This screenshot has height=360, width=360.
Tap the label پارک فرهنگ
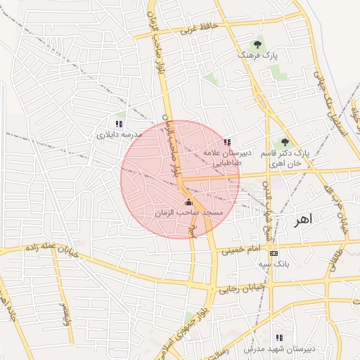coord(258,54)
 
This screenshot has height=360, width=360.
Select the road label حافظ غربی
coord(200,29)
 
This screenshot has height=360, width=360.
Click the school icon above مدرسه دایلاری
coord(119,123)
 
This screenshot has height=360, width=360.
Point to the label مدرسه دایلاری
coord(119,133)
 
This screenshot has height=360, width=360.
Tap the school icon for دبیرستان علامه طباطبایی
coord(226,142)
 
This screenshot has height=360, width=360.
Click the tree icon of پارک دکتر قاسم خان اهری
coord(285,142)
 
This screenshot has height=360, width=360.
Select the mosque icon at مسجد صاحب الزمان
coord(188,202)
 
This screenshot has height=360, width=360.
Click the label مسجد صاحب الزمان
coord(188,212)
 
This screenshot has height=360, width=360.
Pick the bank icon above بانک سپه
coord(274,254)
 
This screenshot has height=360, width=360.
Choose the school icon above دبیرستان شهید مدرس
coord(280,337)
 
